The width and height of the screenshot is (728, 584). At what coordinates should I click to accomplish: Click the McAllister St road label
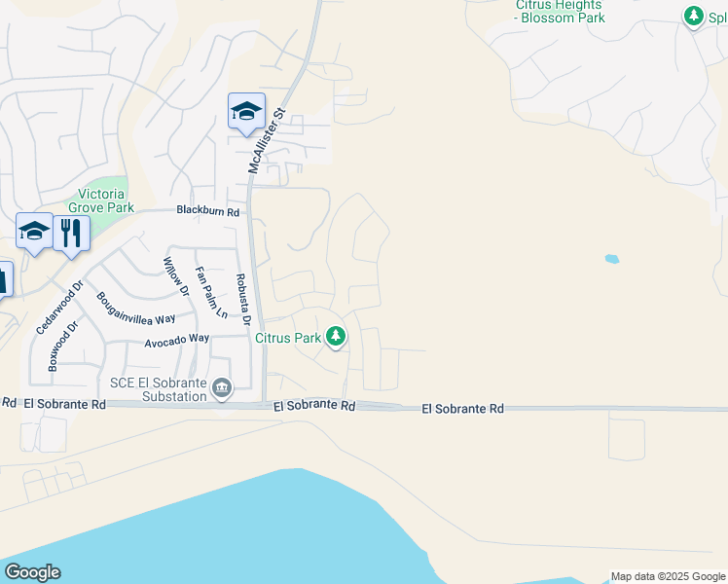pos(266,141)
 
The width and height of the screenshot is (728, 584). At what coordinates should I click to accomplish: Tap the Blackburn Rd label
pos(207,210)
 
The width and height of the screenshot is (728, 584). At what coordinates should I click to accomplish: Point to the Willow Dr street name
pos(174,275)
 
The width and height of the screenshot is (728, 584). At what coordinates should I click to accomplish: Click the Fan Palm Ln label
pos(211,293)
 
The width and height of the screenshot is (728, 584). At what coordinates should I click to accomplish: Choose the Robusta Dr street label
pos(242,300)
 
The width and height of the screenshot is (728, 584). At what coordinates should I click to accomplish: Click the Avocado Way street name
pos(177,339)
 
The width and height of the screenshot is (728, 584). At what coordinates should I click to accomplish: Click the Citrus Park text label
pos(288,339)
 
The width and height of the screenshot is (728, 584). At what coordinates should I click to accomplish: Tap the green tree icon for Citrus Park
pos(336,337)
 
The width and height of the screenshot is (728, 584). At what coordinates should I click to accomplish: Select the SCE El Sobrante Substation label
pos(159,390)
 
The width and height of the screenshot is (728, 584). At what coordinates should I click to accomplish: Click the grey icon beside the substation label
pos(223,389)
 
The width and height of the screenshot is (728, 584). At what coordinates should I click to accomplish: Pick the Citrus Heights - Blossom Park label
pos(560,12)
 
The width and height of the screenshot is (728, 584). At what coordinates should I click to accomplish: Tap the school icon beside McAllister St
pos(246,111)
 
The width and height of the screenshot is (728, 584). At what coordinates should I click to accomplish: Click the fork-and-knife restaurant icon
pos(72,234)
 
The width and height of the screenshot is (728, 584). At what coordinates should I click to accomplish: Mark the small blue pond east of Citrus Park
pos(612,259)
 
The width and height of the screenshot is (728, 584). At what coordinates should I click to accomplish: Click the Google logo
pos(32,572)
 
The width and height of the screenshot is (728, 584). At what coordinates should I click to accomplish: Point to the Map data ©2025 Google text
pos(668,576)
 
